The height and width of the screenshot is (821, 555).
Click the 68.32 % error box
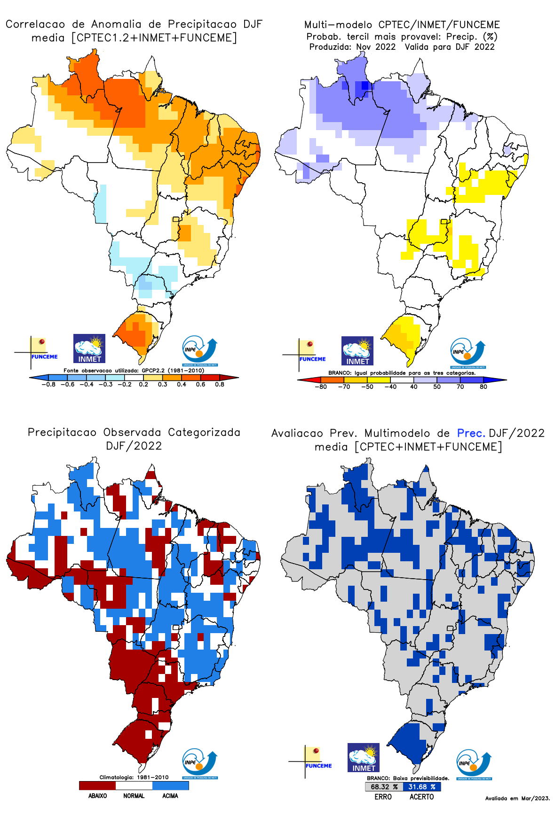pos(384,787)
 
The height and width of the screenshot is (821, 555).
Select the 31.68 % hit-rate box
pos(421,787)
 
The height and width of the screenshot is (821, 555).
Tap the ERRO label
pos(383,797)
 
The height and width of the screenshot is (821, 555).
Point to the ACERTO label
pos(421,797)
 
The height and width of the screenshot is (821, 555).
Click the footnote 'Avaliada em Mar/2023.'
pos(517,798)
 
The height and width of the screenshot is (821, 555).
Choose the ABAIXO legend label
pos(97,796)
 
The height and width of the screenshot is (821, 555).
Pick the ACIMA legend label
pos(170,796)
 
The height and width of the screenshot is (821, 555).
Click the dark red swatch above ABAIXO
pos(97,785)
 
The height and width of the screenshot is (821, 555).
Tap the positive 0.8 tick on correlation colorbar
pos(220,384)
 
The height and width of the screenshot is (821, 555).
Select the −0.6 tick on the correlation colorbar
pos(67,384)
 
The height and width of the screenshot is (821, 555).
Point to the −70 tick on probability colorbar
pos(344,387)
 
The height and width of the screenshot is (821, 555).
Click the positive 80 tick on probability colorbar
pos(484,387)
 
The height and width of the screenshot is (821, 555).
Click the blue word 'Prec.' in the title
pos(471,433)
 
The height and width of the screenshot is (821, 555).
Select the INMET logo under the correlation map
pos(89,349)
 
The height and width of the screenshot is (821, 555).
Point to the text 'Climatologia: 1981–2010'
pos(134,777)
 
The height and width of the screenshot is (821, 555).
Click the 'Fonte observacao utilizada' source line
pos(134,371)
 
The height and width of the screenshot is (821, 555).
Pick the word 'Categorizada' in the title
pos(204,432)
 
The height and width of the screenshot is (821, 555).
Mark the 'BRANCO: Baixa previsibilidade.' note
pos(408,778)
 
